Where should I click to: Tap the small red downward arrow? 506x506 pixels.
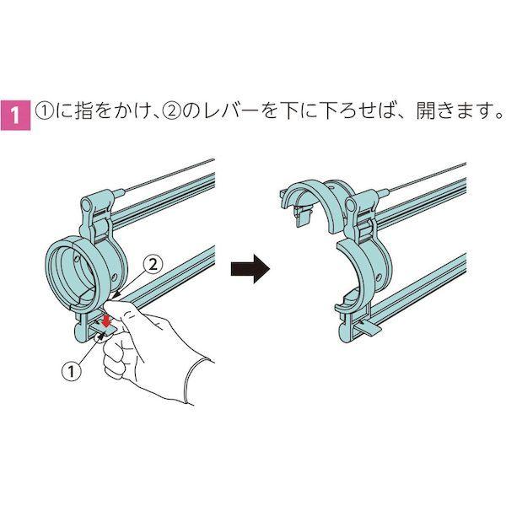105,320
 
